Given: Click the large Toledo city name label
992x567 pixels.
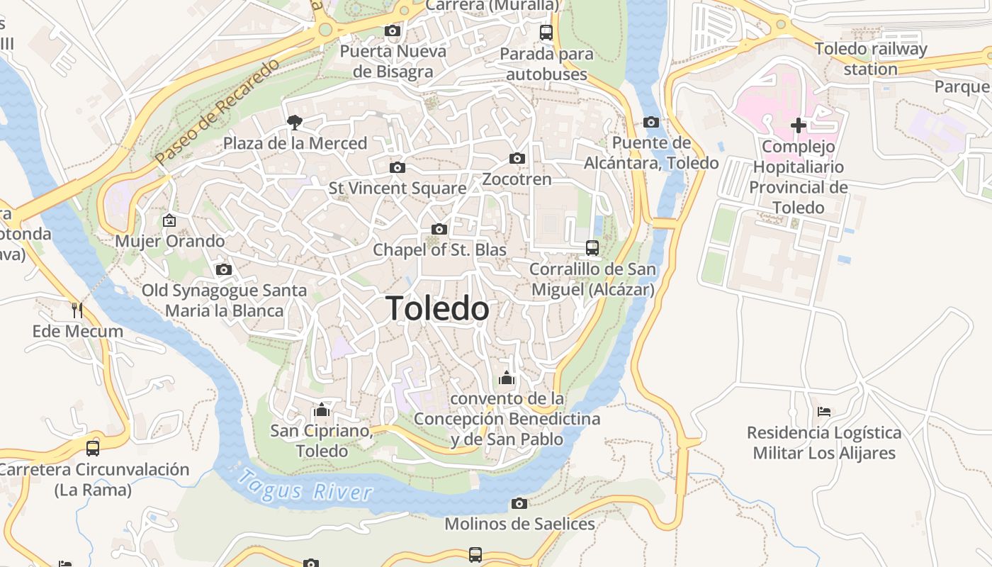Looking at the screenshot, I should point(437,309).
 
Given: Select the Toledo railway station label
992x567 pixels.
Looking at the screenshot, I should point(871,59).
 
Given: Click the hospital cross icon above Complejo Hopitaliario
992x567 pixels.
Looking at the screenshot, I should point(799,125).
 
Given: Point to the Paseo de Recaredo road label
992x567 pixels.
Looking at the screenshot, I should point(218,112).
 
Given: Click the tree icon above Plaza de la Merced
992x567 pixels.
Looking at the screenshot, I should point(294,123).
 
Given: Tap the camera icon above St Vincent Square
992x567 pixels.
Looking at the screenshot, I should point(398,167).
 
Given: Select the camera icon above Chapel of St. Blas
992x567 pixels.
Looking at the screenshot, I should point(439,229).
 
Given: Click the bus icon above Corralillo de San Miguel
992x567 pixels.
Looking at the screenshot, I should point(592,248).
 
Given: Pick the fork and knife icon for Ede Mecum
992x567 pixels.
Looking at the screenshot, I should point(77,310).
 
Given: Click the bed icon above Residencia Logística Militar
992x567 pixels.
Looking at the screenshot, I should point(823,411).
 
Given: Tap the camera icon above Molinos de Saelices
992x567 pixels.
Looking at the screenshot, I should point(519,503).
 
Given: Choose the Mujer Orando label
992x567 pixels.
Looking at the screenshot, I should point(170,241).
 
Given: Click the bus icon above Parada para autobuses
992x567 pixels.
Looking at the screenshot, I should point(546,32).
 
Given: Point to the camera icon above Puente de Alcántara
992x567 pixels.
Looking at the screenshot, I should point(651,122).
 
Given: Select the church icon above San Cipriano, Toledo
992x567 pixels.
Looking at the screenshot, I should point(322,410).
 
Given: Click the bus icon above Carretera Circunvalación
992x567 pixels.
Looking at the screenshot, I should point(93,448).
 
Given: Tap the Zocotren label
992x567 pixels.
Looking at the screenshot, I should point(517,179).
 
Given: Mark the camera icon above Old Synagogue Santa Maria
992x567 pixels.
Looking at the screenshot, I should point(224,269).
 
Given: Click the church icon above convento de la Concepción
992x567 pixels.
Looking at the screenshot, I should point(506,378).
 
